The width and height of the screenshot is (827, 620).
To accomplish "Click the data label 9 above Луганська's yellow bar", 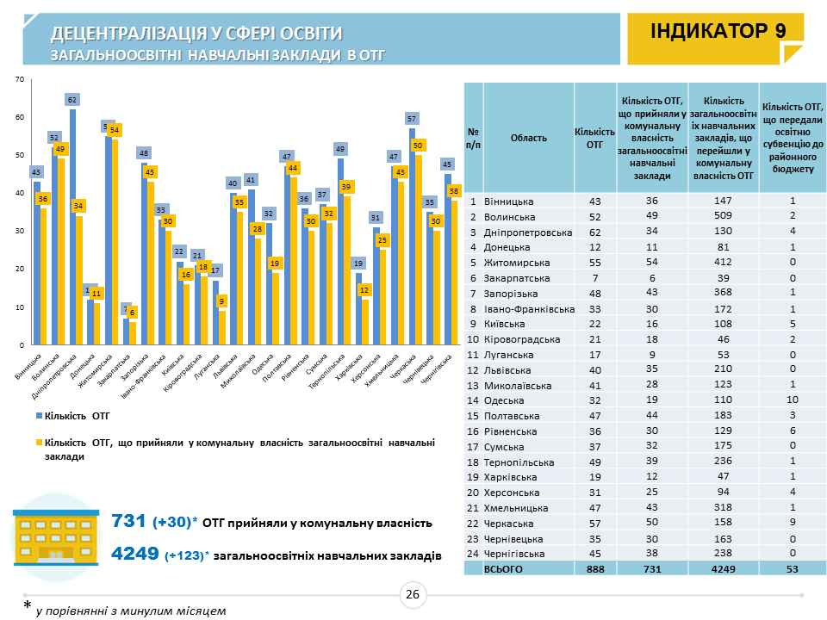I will pyautogui.click(x=222, y=301).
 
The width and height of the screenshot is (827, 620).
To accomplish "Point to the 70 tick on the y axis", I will pyautogui.click(x=19, y=80).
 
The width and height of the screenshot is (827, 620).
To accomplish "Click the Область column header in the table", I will pyautogui.click(x=527, y=138).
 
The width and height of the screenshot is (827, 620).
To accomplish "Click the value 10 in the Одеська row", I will pyautogui.click(x=793, y=400).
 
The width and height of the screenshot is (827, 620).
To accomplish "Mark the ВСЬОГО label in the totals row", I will pyautogui.click(x=505, y=569).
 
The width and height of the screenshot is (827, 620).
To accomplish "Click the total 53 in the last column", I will pyautogui.click(x=793, y=569).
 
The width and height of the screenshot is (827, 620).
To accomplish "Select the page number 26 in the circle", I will pyautogui.click(x=413, y=594).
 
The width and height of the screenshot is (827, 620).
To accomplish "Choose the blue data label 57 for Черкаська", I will pyautogui.click(x=413, y=119).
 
